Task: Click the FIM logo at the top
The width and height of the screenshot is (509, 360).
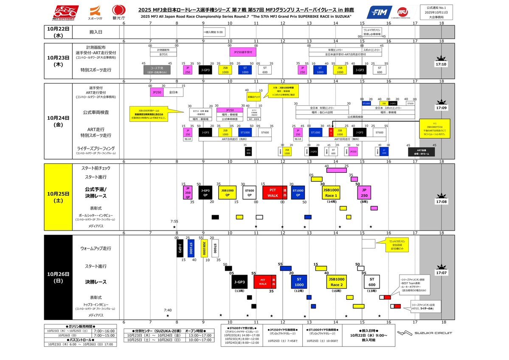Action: (379, 13)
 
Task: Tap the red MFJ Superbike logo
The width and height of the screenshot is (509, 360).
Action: (65, 13)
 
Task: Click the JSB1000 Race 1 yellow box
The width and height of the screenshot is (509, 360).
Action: (331, 192)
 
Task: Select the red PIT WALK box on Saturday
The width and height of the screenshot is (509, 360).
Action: (275, 192)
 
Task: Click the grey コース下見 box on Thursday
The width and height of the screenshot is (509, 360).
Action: (157, 70)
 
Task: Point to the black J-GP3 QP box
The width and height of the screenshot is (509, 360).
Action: (205, 192)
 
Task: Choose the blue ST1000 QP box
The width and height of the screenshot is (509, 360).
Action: (298, 192)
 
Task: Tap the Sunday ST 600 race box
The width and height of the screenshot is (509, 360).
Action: (372, 281)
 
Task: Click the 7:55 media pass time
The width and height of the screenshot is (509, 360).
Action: (174, 222)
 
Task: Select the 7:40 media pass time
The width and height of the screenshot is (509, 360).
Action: (168, 310)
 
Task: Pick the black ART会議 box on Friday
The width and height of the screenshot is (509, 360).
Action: (421, 152)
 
